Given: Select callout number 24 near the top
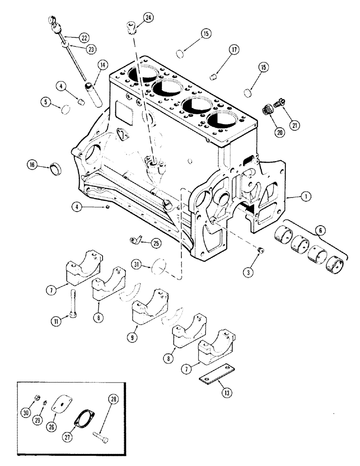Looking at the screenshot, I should pos(148,18).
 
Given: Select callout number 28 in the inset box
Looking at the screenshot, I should pos(112,398).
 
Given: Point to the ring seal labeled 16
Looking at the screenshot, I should pos(56,166).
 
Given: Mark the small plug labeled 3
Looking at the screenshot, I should pos(261,252).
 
